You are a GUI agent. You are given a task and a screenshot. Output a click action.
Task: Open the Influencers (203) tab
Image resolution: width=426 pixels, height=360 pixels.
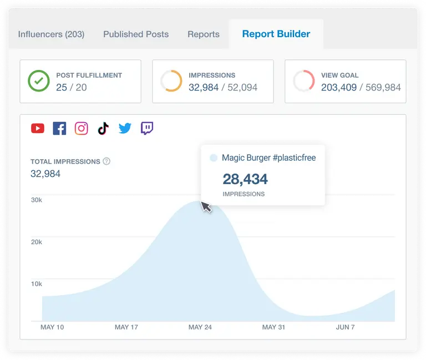pyautogui.click(x=51, y=34)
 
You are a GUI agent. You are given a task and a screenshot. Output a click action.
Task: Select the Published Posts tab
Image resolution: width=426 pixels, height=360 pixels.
pyautogui.click(x=136, y=34)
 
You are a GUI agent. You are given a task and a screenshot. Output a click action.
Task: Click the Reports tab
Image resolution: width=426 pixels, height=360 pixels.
pyautogui.click(x=204, y=34)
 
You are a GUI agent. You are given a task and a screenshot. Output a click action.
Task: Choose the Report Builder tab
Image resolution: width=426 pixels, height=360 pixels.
pyautogui.click(x=276, y=34)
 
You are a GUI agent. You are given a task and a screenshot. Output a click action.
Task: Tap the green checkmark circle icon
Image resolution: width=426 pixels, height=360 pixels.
pyautogui.click(x=39, y=82)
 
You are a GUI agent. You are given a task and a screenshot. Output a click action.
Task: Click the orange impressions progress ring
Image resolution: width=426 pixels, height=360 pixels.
pyautogui.click(x=171, y=82)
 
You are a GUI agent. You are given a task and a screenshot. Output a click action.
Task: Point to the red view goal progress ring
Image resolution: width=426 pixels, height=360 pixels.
pyautogui.click(x=304, y=82)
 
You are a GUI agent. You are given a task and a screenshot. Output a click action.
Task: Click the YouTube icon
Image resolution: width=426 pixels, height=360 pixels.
pyautogui.click(x=38, y=129)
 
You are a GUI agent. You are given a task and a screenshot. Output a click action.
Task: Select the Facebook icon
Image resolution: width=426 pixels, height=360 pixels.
pyautogui.click(x=59, y=129)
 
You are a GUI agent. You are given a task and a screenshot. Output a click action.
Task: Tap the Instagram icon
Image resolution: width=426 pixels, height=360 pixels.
pyautogui.click(x=82, y=129)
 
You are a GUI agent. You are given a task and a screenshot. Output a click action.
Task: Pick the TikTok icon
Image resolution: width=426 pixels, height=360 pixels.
pyautogui.click(x=103, y=129)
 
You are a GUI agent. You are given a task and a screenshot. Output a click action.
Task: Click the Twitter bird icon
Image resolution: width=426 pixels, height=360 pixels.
pyautogui.click(x=125, y=129)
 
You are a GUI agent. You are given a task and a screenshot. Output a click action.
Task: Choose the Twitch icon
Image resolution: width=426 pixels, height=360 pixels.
pyautogui.click(x=147, y=129)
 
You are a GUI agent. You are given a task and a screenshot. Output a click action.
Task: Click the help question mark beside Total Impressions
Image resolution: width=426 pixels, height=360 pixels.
pyautogui.click(x=106, y=161)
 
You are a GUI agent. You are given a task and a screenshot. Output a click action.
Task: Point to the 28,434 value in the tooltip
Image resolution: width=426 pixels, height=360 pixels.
pyautogui.click(x=245, y=179)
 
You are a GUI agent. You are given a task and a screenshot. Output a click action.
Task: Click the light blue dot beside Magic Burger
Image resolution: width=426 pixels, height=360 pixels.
pyautogui.click(x=214, y=158)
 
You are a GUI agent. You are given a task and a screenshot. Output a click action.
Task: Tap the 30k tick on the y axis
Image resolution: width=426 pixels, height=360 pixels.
pyautogui.click(x=36, y=200)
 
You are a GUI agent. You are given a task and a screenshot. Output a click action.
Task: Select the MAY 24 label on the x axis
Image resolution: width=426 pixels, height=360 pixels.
pyautogui.click(x=200, y=327)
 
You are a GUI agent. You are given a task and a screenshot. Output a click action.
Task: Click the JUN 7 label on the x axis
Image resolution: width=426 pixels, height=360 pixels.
pyautogui.click(x=345, y=327)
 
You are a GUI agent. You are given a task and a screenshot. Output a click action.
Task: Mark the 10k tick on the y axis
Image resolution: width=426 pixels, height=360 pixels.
pyautogui.click(x=36, y=284)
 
